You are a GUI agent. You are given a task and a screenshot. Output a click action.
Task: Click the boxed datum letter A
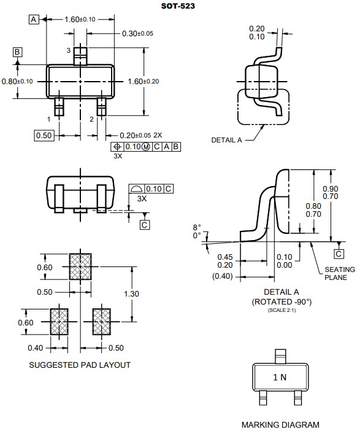click(34, 20)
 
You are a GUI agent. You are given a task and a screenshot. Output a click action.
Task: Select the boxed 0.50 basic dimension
click(44, 135)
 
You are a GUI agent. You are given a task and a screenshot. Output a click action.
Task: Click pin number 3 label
click(69, 50)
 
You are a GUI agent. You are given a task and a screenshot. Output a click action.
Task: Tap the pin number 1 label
click(48, 119)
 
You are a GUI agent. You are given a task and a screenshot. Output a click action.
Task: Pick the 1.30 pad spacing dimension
click(132, 294)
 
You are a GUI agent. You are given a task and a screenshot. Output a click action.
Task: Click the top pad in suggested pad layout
click(80, 266)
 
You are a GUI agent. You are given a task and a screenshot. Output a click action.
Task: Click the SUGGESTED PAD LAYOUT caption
click(80, 365)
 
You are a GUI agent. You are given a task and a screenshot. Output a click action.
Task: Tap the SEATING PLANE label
click(339, 273)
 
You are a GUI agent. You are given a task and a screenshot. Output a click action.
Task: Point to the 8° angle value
click(197, 227)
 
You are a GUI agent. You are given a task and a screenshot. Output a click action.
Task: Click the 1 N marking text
click(279, 378)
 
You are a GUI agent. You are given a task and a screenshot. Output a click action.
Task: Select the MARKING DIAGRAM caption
click(280, 424)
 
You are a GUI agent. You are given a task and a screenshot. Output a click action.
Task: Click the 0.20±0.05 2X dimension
click(140, 135)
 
